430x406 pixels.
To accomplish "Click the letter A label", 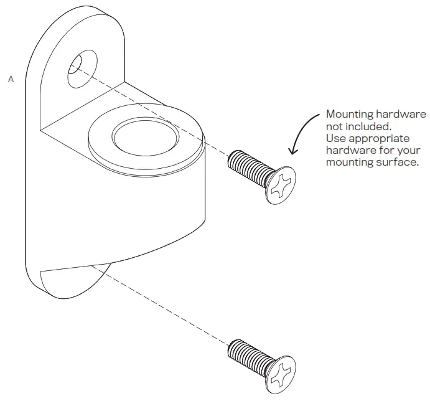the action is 11,80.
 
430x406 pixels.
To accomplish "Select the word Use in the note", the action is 336,138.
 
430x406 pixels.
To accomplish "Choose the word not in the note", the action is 335,126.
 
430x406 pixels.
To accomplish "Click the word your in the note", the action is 409,150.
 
